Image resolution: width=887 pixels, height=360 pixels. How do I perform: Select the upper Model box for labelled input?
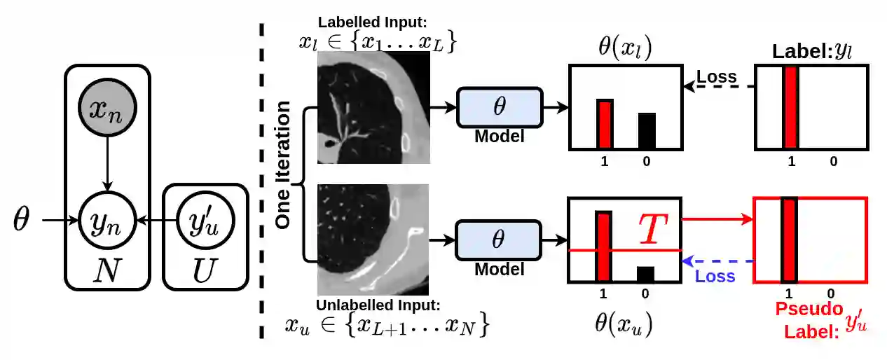[500, 107]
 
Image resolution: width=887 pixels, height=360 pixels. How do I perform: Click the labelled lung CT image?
[373, 109]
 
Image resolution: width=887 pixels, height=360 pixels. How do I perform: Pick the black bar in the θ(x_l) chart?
[647, 130]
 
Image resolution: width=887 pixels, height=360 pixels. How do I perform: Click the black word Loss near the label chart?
[717, 76]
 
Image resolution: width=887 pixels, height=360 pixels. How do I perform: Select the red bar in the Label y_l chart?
[791, 108]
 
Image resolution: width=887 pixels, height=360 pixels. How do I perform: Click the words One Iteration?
[284, 165]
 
